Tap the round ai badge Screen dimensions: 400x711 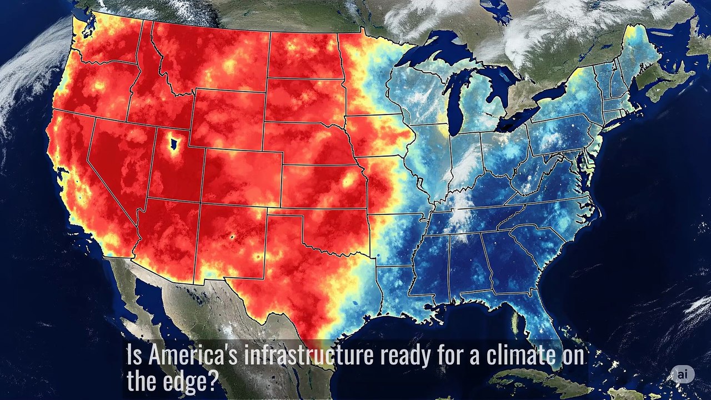pyautogui.click(x=682, y=374)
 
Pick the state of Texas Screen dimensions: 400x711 pyautogui.click(x=311, y=278)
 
